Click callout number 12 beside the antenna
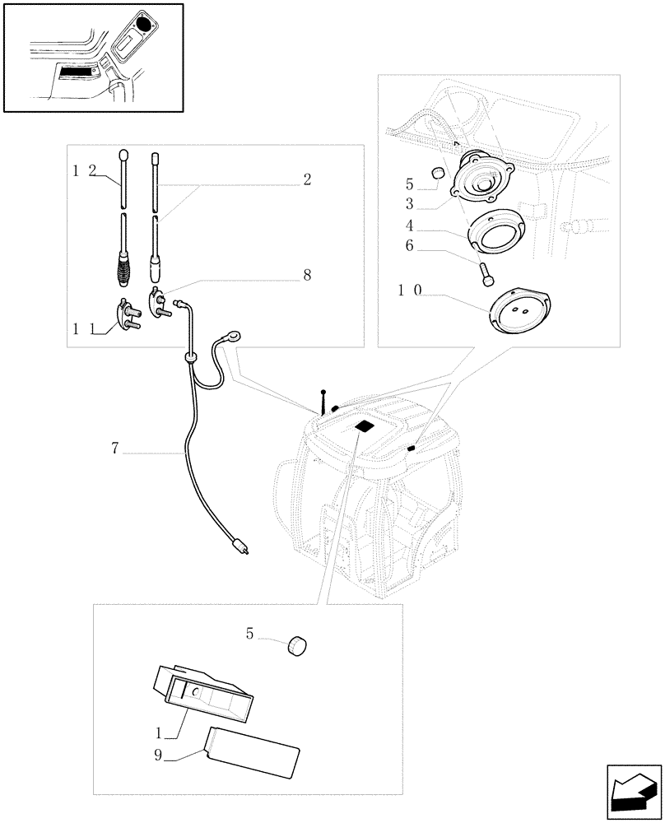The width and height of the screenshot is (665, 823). point(85,170)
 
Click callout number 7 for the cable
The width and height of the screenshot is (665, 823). point(116,449)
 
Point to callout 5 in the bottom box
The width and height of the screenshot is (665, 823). point(248,633)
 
